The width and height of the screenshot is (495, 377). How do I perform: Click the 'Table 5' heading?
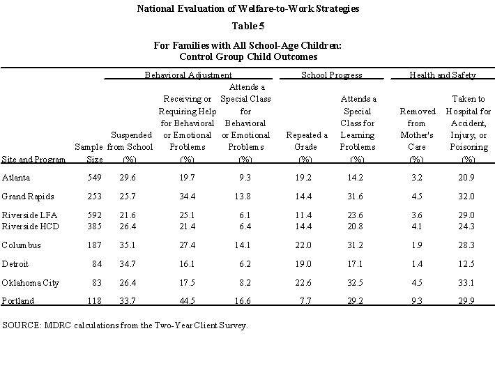pyautogui.click(x=247, y=26)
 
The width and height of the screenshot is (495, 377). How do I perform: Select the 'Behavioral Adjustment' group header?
pyautogui.click(x=188, y=75)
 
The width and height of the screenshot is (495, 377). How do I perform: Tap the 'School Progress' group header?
pyautogui.click(x=331, y=75)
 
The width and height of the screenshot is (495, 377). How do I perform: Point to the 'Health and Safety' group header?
pyautogui.click(x=443, y=75)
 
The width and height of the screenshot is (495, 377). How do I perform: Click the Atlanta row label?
pyautogui.click(x=16, y=178)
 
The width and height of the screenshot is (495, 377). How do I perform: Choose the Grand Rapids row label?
pyautogui.click(x=28, y=197)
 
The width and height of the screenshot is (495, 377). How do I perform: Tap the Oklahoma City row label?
pyautogui.click(x=30, y=283)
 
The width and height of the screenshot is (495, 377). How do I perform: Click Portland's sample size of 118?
pyautogui.click(x=93, y=302)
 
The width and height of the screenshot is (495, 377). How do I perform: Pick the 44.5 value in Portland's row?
pyautogui.click(x=186, y=302)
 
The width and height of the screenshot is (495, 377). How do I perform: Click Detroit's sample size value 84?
pyautogui.click(x=96, y=264)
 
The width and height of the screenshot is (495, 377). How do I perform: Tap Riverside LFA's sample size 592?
pyautogui.click(x=93, y=215)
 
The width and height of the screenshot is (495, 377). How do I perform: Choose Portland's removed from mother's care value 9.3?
pyautogui.click(x=416, y=302)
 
